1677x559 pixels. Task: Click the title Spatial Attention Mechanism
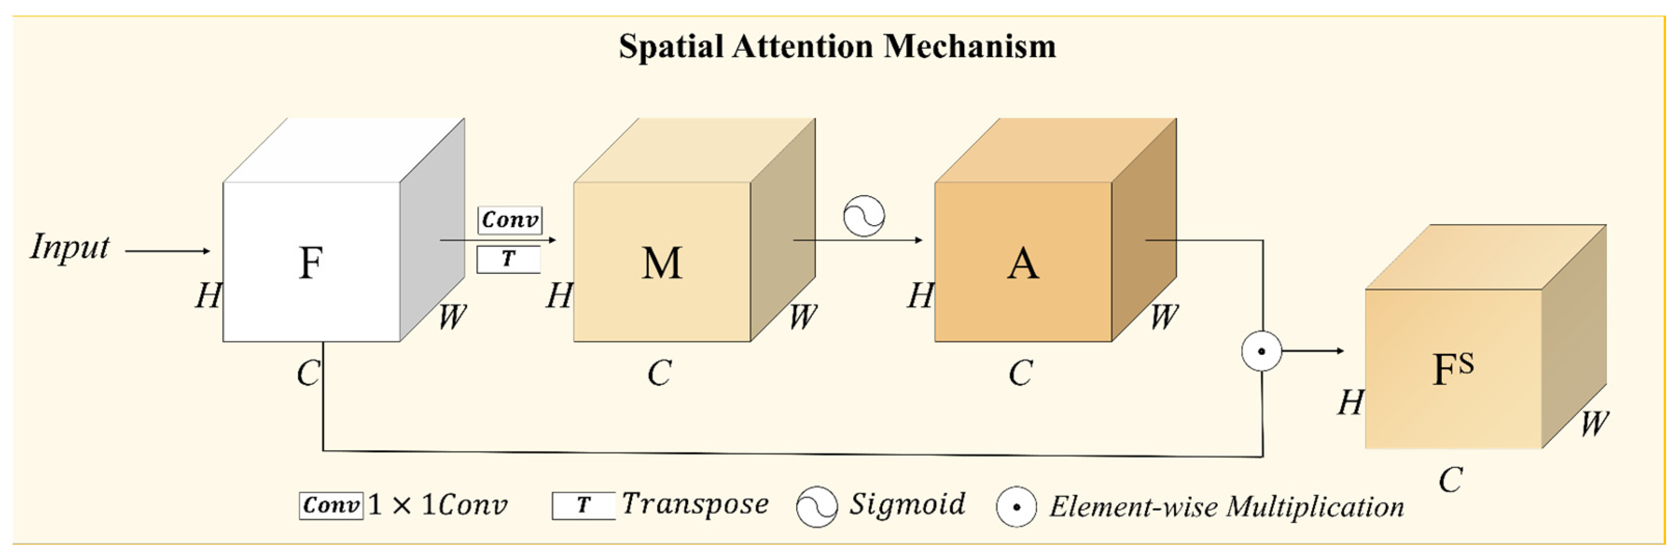pyautogui.click(x=837, y=47)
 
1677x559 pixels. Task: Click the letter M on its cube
pyautogui.click(x=662, y=262)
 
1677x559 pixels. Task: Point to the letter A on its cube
pyautogui.click(x=1023, y=263)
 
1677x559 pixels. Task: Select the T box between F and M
pyautogui.click(x=508, y=259)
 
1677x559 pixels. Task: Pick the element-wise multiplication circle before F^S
pyautogui.click(x=1262, y=352)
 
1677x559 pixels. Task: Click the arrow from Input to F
pyautogui.click(x=167, y=250)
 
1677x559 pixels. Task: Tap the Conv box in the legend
pyautogui.click(x=331, y=505)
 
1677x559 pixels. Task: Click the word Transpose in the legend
pyautogui.click(x=695, y=505)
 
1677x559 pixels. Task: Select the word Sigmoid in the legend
pyautogui.click(x=908, y=505)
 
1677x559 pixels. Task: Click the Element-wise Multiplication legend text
pyautogui.click(x=1227, y=506)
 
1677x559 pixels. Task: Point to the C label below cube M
pyautogui.click(x=659, y=373)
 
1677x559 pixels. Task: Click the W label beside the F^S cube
pyautogui.click(x=1595, y=423)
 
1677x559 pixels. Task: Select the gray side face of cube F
pyautogui.click(x=432, y=230)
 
